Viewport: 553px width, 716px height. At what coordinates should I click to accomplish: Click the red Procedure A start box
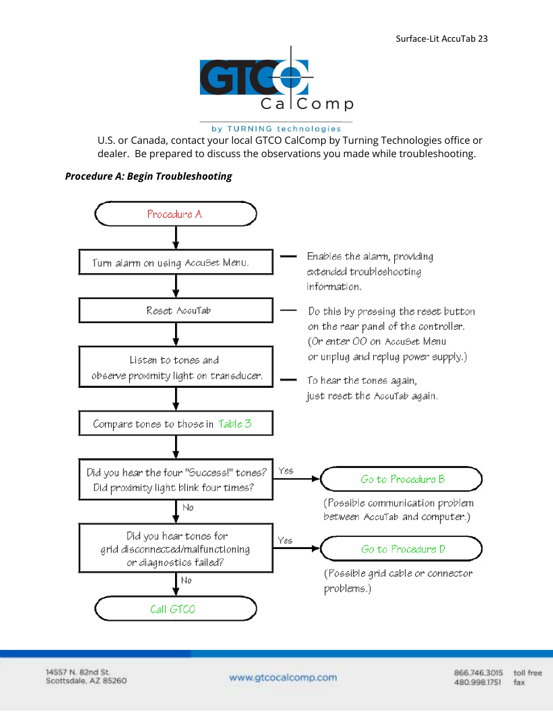(x=175, y=214)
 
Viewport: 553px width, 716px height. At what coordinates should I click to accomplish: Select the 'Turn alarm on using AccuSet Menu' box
(x=176, y=262)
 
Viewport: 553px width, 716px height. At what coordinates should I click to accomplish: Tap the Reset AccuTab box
(x=176, y=310)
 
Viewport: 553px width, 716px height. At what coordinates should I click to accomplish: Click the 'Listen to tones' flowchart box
(x=176, y=367)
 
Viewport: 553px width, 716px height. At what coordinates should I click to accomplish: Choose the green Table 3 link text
(x=235, y=424)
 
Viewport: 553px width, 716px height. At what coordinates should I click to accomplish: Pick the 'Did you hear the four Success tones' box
(x=176, y=479)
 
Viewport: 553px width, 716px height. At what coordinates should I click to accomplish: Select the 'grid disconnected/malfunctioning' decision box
(x=176, y=548)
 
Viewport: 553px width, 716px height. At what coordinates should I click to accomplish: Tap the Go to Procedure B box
(x=401, y=479)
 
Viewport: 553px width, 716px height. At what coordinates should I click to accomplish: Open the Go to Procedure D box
(x=401, y=548)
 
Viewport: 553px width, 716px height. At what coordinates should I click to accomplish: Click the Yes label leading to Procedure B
(x=286, y=471)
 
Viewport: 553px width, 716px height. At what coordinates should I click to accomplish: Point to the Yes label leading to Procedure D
(x=285, y=540)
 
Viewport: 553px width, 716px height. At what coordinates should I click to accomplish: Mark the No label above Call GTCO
(x=186, y=580)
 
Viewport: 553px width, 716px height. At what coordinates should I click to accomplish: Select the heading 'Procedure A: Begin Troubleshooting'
(x=148, y=176)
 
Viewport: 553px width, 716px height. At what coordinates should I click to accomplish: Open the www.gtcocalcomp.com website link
(x=283, y=677)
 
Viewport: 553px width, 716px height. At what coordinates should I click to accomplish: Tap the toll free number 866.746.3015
(x=478, y=673)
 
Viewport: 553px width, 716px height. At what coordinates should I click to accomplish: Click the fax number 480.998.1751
(x=478, y=682)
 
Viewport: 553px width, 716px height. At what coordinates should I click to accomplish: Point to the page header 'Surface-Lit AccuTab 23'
(x=441, y=39)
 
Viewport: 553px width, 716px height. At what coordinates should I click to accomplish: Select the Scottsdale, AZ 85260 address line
(x=86, y=681)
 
